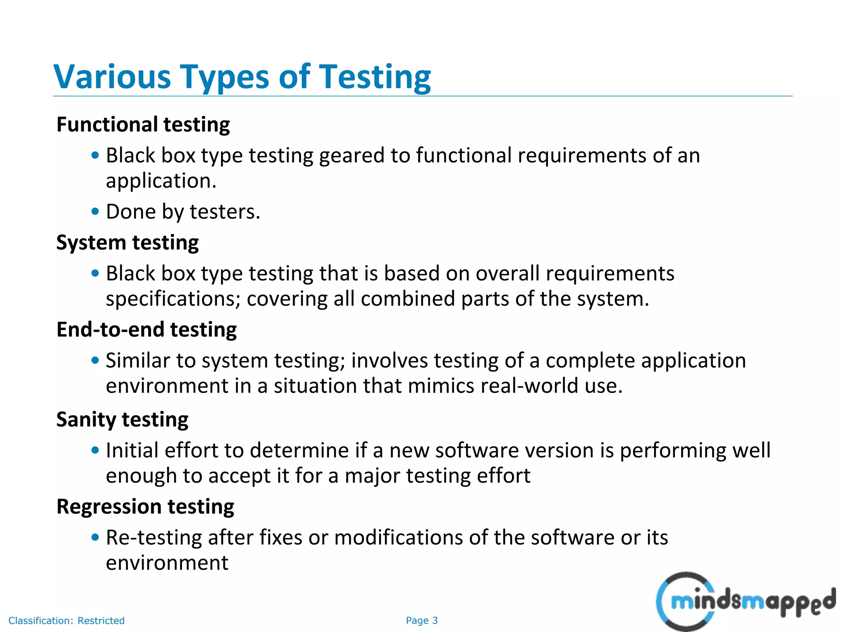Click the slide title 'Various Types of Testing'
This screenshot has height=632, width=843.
(x=242, y=77)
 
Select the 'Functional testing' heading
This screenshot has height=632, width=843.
(x=143, y=125)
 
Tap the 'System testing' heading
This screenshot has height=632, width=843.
(x=127, y=243)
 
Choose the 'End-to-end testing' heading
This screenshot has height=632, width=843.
(x=146, y=330)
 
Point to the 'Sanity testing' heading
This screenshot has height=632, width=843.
(x=122, y=420)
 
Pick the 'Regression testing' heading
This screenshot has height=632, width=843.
(x=145, y=507)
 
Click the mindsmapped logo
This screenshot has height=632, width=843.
(x=745, y=602)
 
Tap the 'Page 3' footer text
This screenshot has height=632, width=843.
(x=421, y=620)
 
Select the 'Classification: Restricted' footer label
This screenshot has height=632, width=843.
(x=66, y=620)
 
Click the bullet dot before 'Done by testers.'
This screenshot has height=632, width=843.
(x=95, y=212)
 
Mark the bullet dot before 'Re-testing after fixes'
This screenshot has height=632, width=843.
(x=95, y=537)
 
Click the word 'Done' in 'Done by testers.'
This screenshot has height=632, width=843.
(x=131, y=212)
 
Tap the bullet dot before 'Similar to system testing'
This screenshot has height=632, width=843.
(x=95, y=361)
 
